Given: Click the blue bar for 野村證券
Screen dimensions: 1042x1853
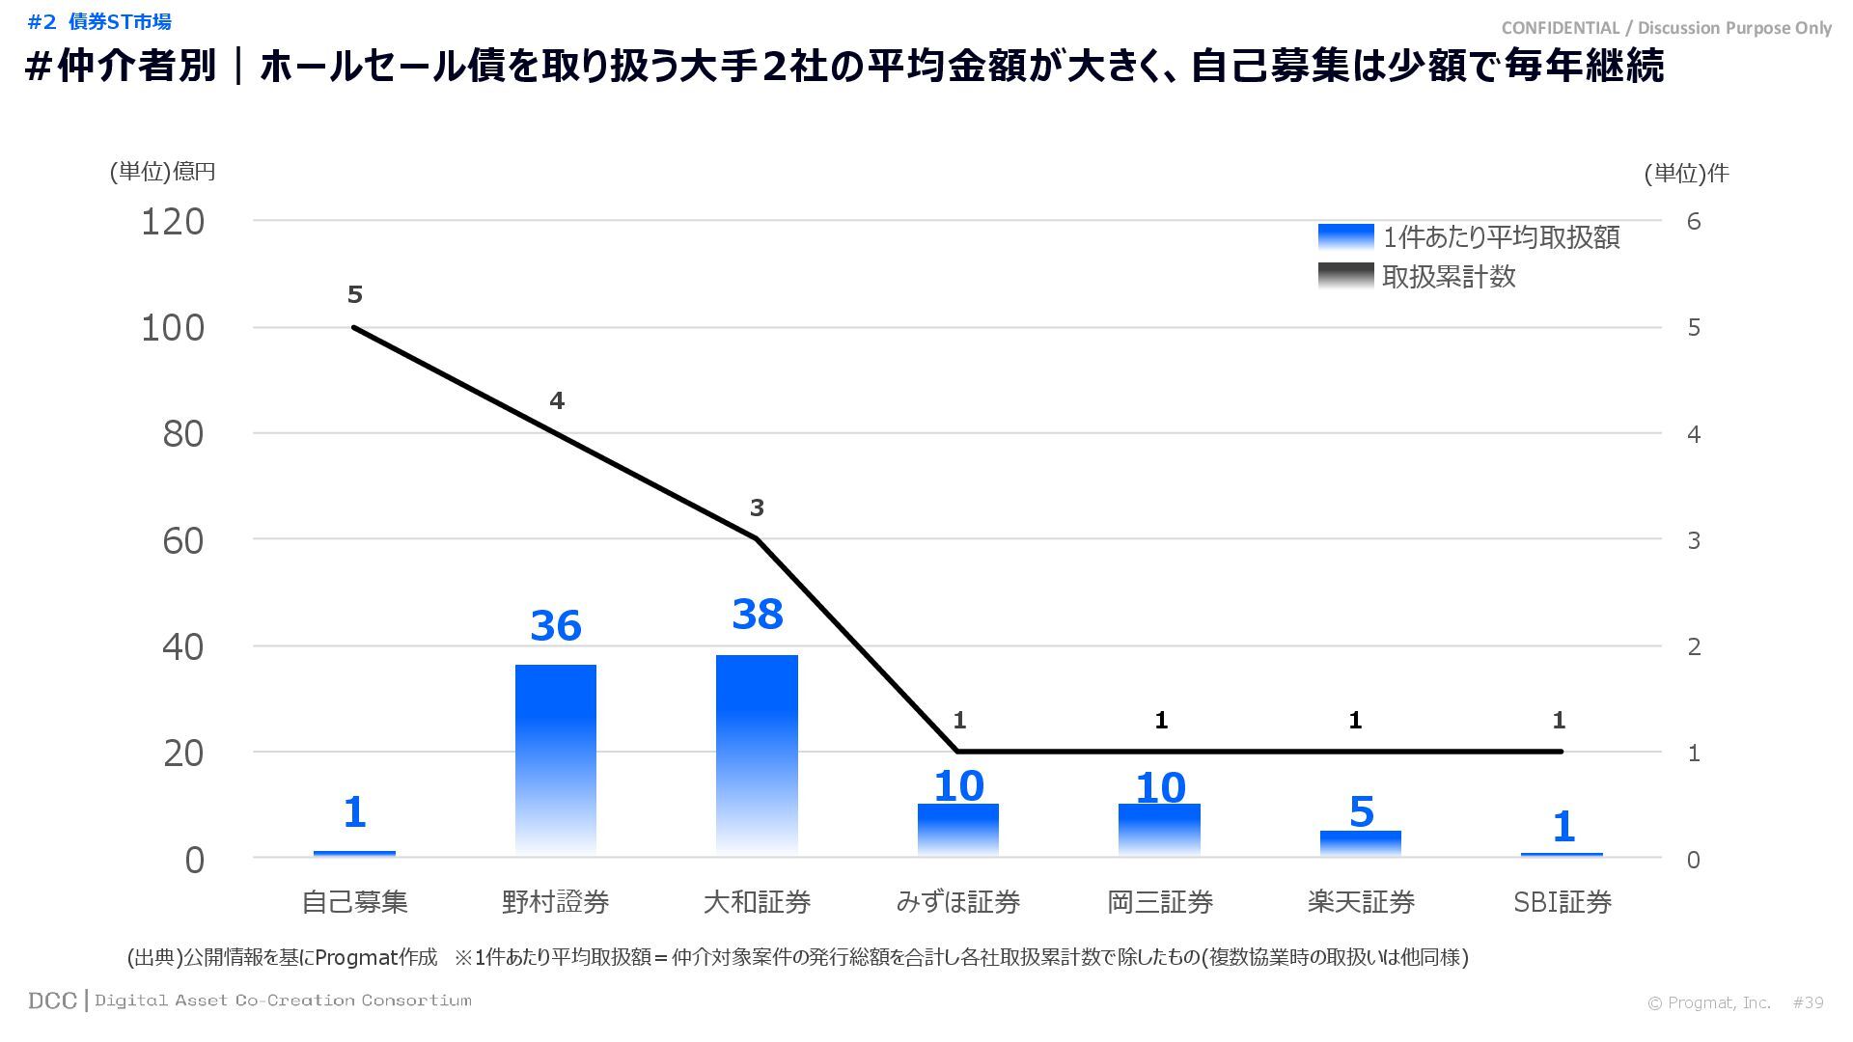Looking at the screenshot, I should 555,759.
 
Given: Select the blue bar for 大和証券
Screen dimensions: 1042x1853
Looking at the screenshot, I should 757,754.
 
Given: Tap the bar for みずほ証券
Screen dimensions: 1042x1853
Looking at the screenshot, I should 957,829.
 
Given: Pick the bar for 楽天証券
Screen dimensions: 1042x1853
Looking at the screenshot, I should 1360,842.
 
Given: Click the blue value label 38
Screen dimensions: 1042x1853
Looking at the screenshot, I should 757,615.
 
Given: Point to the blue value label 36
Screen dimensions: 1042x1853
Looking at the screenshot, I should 555,625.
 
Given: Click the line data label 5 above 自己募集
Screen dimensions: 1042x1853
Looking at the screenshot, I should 354,294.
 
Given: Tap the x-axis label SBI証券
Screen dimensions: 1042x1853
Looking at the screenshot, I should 1562,902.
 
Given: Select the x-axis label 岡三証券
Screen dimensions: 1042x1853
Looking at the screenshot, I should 1159,902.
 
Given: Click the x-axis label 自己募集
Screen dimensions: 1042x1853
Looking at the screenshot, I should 354,902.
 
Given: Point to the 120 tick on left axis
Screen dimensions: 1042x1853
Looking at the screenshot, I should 173,222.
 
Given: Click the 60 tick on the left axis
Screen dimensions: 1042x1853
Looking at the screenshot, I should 183,540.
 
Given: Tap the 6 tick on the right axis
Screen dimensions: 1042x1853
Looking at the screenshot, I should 1693,222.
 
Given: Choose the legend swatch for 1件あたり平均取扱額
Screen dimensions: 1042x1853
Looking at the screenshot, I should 1345,237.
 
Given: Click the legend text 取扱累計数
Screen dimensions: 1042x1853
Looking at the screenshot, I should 1449,277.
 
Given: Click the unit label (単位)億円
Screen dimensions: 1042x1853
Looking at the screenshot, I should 162,172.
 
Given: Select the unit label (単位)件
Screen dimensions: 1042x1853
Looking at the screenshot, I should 1686,173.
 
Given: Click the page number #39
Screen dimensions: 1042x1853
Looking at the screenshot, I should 1808,1002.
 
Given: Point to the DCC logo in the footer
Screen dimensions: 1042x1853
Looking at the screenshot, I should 52,1001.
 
